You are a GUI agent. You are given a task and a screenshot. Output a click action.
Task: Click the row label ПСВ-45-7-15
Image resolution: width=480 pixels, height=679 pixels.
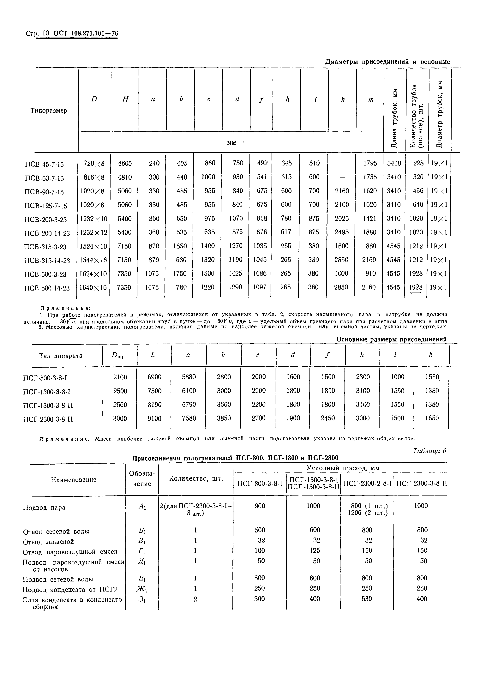tap(44, 164)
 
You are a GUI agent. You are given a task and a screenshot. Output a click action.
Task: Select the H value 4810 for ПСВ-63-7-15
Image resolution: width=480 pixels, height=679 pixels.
tap(124, 177)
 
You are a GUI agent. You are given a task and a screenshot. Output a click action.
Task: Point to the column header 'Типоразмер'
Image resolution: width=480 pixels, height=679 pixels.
tap(49, 111)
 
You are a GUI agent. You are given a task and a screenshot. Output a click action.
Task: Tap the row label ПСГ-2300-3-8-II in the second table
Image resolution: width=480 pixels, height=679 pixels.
tap(48, 419)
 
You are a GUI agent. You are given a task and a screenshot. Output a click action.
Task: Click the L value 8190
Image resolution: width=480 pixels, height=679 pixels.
tap(154, 405)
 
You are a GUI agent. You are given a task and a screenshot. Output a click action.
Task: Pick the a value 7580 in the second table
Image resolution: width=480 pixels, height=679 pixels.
tap(189, 418)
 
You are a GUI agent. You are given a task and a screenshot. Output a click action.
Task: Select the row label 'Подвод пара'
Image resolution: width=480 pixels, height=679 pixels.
tap(44, 508)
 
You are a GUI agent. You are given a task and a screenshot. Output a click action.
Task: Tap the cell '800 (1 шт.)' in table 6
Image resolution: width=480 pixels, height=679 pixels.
tap(368, 506)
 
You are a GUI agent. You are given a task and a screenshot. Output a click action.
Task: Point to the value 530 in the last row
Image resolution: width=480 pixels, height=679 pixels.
tap(367, 599)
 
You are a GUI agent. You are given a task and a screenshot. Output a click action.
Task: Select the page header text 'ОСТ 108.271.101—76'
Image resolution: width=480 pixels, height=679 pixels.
tap(86, 33)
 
